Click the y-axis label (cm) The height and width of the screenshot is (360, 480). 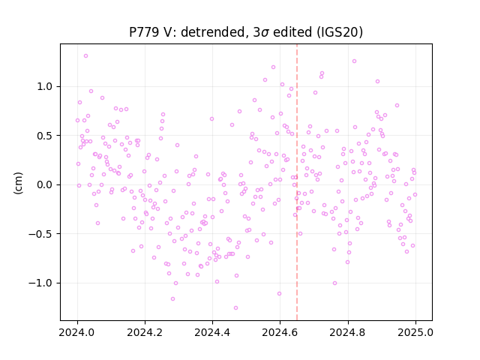(18, 183)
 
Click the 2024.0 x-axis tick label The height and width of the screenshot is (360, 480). (77, 332)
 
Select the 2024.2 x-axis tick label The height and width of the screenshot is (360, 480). (145, 332)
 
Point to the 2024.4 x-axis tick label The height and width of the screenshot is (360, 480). (212, 332)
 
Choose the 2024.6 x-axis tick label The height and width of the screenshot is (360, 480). (280, 332)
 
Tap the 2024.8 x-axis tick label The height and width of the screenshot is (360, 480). (348, 332)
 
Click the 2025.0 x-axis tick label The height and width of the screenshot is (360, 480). (415, 332)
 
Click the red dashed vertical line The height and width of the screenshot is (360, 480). (297, 182)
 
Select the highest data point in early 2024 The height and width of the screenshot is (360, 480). (86, 56)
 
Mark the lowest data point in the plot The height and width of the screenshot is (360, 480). (235, 308)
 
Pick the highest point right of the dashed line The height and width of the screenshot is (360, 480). (354, 61)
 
